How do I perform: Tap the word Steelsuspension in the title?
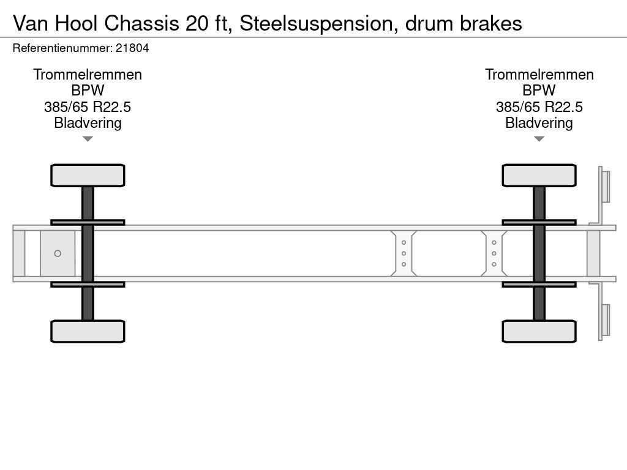(315, 23)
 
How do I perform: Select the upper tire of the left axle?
(88, 175)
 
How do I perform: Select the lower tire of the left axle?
(88, 331)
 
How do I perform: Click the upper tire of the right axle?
(539, 175)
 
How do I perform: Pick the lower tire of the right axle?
(539, 331)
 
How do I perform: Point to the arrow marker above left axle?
(88, 139)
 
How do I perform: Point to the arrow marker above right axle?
(539, 139)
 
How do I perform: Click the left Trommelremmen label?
(88, 75)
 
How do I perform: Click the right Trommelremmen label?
(539, 75)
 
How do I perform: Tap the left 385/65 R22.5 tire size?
(88, 107)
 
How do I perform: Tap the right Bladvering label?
(539, 123)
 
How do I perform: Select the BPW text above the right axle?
(539, 91)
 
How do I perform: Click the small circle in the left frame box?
(58, 253)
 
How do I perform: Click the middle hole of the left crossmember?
(404, 253)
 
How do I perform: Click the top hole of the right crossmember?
(494, 242)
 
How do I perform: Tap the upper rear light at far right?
(606, 186)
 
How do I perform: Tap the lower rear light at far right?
(606, 320)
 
